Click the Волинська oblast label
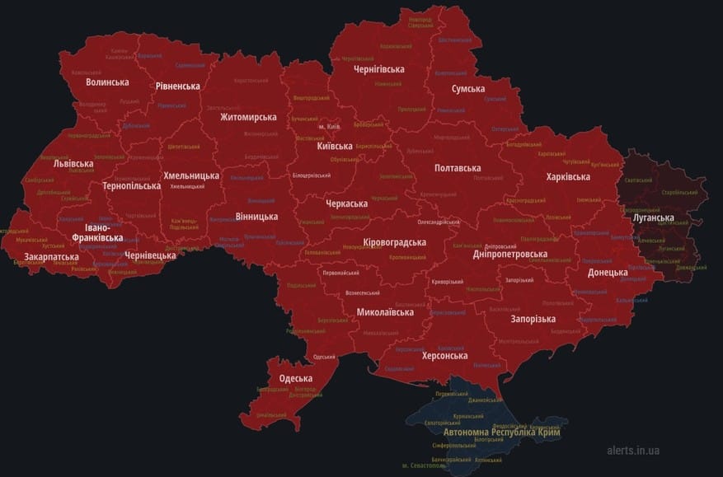(x=107, y=82)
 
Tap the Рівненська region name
(x=178, y=87)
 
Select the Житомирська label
(x=248, y=117)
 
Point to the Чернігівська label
(x=378, y=69)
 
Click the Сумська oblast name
(x=468, y=88)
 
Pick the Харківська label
(x=568, y=177)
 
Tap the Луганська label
(x=654, y=218)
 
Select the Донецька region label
(x=608, y=272)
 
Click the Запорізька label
(x=533, y=319)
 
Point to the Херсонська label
(x=444, y=356)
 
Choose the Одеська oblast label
(x=295, y=378)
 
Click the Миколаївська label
(x=384, y=313)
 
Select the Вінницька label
(x=256, y=217)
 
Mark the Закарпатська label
(x=52, y=257)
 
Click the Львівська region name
(x=73, y=164)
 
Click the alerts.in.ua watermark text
(x=633, y=451)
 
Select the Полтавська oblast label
(x=458, y=168)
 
